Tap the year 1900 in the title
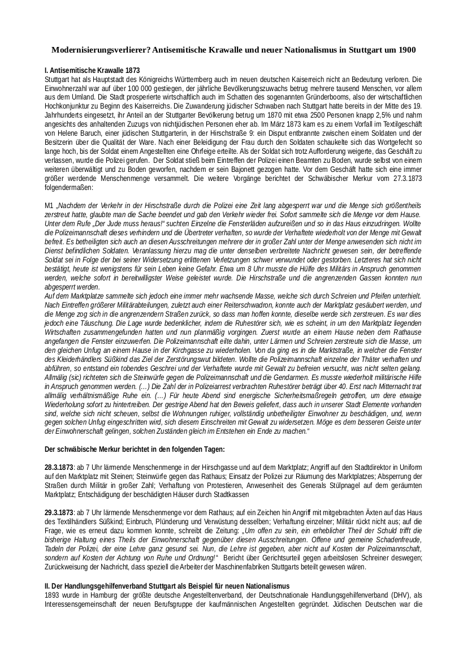[x=407, y=50]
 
